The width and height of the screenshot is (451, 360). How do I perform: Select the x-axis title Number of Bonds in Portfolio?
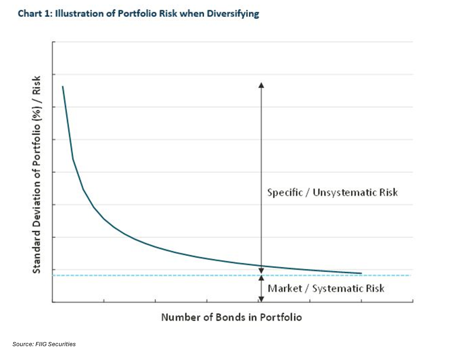pos(232,317)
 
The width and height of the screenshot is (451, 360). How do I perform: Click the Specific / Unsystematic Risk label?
pos(332,192)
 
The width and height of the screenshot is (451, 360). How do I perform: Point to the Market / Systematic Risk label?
pos(326,289)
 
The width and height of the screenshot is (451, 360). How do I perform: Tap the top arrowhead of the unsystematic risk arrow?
pos(261,85)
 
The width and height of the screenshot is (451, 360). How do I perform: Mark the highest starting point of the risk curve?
pos(63,86)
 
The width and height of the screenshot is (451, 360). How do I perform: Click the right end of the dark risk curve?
pos(361,273)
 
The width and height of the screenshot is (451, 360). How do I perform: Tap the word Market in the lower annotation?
pos(287,289)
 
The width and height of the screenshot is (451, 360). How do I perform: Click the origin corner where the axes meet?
pos(53,302)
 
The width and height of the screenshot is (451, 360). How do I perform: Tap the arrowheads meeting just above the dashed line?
pos(261,273)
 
